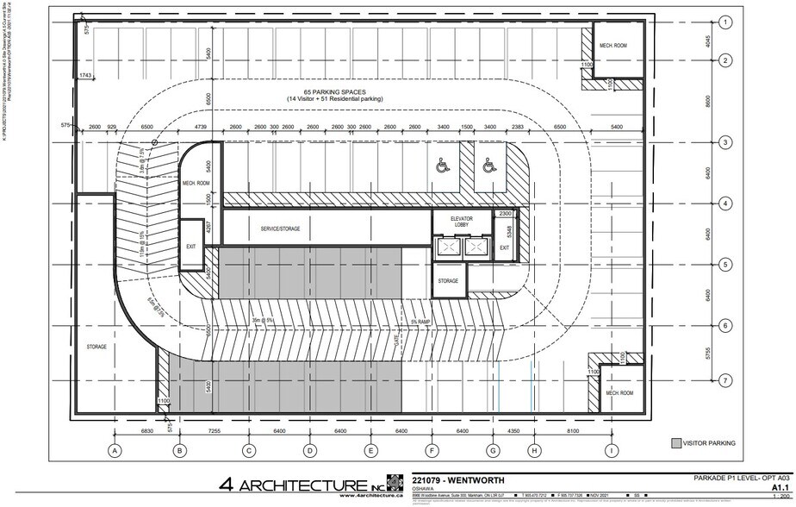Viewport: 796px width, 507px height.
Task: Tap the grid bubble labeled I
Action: (x=612, y=449)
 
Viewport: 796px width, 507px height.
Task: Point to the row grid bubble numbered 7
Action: (x=726, y=380)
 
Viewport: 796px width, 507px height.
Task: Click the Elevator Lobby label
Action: (x=461, y=223)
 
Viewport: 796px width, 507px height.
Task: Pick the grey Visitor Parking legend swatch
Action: (x=676, y=443)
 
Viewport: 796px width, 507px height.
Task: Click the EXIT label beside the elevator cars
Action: (x=505, y=248)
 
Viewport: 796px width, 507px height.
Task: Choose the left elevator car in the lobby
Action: (x=449, y=247)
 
